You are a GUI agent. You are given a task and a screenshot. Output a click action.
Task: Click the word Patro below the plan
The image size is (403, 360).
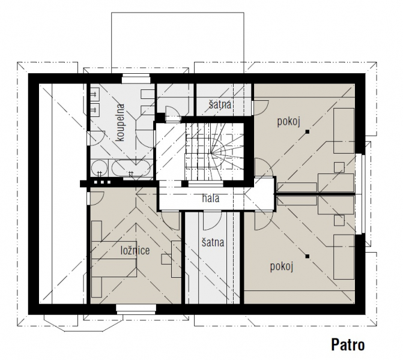click(348, 344)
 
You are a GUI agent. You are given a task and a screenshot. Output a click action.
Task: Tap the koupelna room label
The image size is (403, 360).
click(120, 122)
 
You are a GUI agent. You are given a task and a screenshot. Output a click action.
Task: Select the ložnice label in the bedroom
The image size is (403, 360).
click(135, 250)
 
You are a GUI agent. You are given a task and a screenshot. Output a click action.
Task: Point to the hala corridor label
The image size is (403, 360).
click(210, 198)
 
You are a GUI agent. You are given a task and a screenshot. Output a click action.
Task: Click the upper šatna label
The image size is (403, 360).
click(220, 104)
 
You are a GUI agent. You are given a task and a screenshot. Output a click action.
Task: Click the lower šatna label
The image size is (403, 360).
click(213, 242)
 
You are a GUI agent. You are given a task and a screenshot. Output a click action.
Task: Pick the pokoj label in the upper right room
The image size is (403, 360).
click(289, 121)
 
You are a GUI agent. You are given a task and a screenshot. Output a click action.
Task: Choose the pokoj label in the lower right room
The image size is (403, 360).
click(282, 266)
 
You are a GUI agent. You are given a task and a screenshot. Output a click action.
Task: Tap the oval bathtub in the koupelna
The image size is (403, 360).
click(131, 168)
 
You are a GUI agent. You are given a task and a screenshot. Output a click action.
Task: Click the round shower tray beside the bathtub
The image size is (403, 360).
click(100, 168)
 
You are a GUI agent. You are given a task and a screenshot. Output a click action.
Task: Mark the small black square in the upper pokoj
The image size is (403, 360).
click(307, 132)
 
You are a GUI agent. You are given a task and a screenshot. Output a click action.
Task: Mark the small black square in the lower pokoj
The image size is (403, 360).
click(307, 256)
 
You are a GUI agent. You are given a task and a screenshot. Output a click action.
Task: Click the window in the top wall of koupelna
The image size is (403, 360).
click(136, 79)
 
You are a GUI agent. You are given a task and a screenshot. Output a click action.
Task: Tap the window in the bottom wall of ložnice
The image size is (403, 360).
click(136, 310)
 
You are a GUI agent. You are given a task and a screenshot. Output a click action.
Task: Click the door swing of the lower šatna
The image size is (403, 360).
click(212, 220)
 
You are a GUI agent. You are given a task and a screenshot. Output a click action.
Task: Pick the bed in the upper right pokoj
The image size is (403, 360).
click(344, 131)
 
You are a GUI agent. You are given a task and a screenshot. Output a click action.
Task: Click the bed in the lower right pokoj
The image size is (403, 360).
click(344, 257)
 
